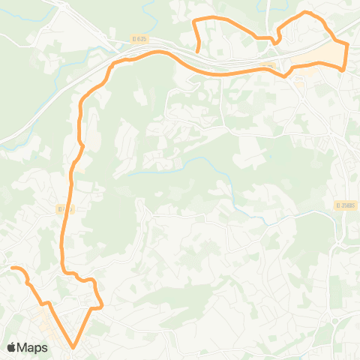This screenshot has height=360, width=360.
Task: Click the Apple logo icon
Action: click(x=12, y=347)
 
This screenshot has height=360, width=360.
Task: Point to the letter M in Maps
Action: click(x=23, y=347)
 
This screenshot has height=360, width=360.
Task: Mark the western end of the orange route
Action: click(x=11, y=268)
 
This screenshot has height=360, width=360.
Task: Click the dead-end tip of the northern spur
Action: click(x=197, y=52)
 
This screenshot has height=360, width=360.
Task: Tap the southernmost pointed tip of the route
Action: click(x=73, y=347)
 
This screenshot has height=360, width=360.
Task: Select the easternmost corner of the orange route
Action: click(x=348, y=46)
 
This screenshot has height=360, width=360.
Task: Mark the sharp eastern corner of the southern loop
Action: click(x=101, y=307)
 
